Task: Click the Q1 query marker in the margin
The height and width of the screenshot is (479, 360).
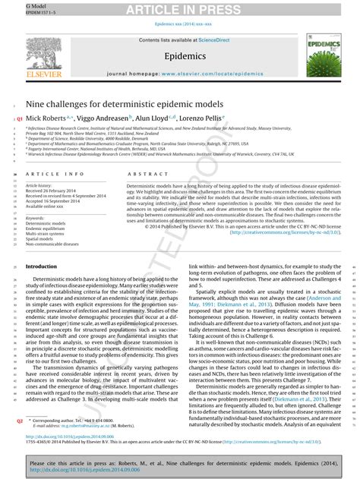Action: [x=20, y=120]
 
